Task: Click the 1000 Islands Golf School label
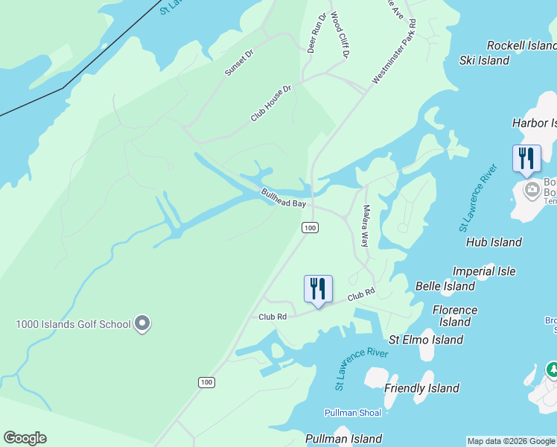73,324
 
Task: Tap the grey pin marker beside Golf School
142,324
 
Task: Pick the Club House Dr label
270,103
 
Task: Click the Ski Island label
484,60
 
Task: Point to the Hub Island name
494,242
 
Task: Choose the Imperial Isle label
484,272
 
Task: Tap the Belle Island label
445,286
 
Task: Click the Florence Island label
454,316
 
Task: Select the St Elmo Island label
426,340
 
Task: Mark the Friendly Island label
421,388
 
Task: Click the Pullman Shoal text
353,413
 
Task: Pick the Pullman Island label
343,439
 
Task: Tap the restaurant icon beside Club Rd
318,288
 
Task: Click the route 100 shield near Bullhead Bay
311,227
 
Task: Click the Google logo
25,438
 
